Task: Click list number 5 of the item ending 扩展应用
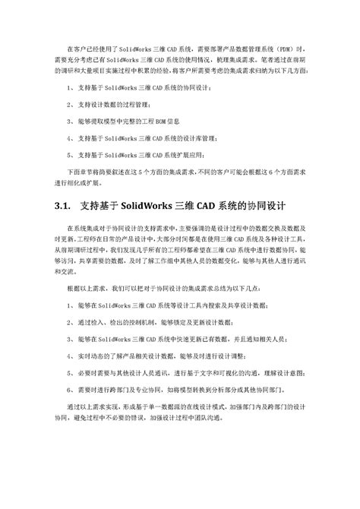coord(68,152)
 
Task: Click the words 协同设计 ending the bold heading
coord(263,206)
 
